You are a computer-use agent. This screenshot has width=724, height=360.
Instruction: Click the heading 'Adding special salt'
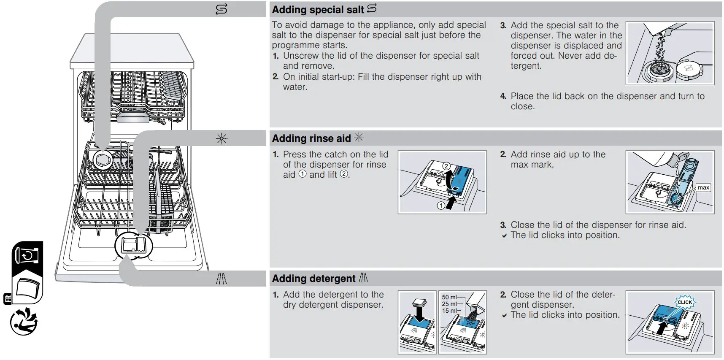318,9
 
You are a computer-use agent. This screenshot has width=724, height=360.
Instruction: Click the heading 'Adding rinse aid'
311,138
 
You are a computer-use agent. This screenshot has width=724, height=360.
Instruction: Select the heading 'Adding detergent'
313,279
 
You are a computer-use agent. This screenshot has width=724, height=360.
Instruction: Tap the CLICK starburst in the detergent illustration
684,302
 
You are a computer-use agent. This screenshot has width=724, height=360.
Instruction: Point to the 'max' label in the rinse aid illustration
703,187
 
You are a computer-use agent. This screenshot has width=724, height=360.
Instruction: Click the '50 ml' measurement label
449,297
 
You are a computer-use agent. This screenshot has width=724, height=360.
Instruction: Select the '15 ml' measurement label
449,311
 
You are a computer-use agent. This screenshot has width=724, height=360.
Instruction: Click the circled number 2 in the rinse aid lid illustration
446,166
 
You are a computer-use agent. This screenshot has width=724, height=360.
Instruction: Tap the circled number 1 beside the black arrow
441,206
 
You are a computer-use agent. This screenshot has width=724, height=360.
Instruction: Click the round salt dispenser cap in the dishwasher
102,160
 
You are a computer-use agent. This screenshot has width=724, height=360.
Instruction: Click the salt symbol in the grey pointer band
221,9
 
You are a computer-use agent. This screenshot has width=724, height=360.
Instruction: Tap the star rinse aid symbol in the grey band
222,138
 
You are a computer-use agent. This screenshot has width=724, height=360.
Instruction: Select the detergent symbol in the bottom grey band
222,279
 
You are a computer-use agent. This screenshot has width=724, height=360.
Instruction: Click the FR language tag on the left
8,299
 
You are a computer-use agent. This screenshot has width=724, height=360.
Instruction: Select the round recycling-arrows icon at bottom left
24,322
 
